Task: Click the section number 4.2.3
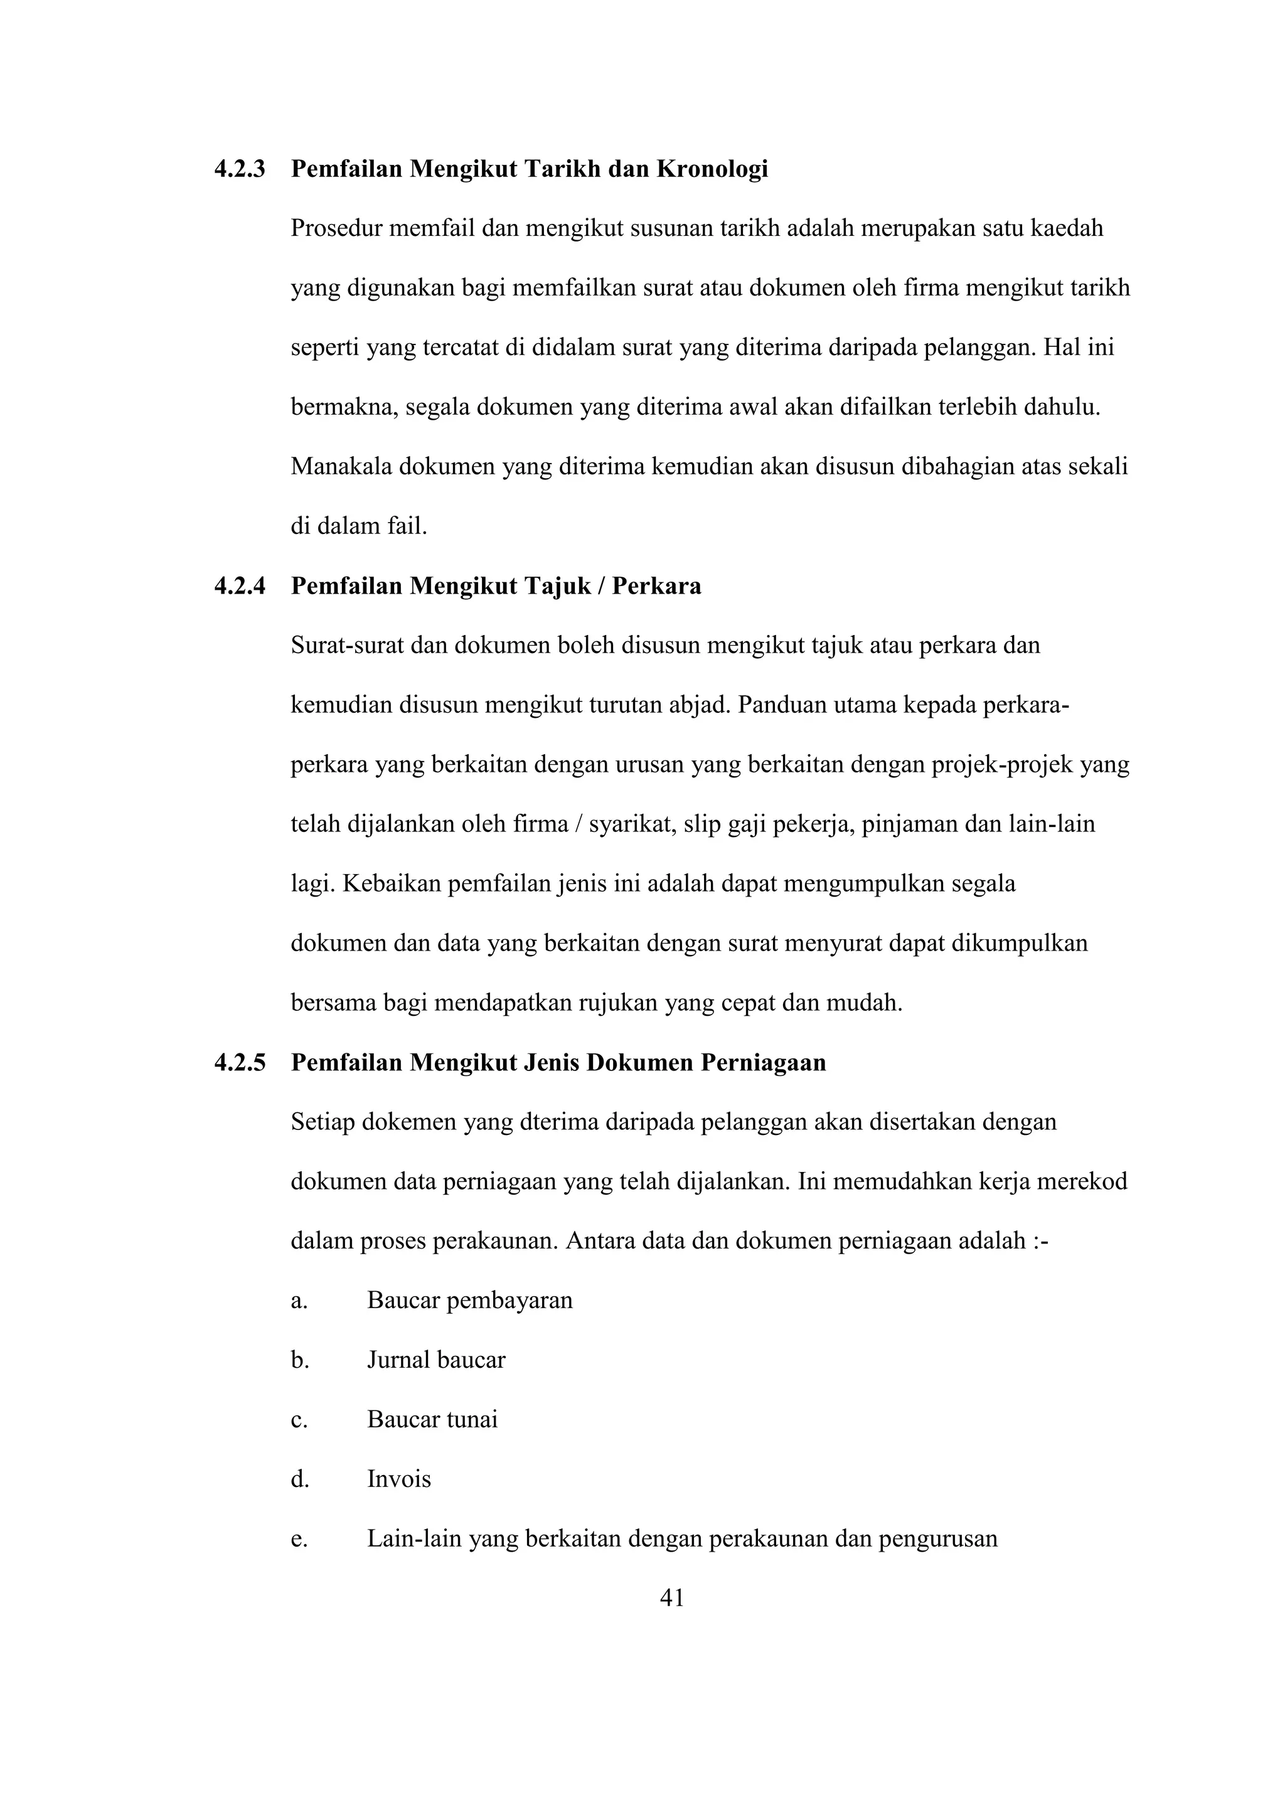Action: pyautogui.click(x=240, y=169)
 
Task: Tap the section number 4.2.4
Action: pyautogui.click(x=240, y=587)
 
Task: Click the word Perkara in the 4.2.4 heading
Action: pyautogui.click(x=657, y=587)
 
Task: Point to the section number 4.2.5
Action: pyautogui.click(x=240, y=1063)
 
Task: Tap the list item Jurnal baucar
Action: pyautogui.click(x=436, y=1360)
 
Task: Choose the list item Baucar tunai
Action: pyautogui.click(x=432, y=1420)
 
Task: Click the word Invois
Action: pyautogui.click(x=399, y=1479)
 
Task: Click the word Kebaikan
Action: pyautogui.click(x=392, y=884)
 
